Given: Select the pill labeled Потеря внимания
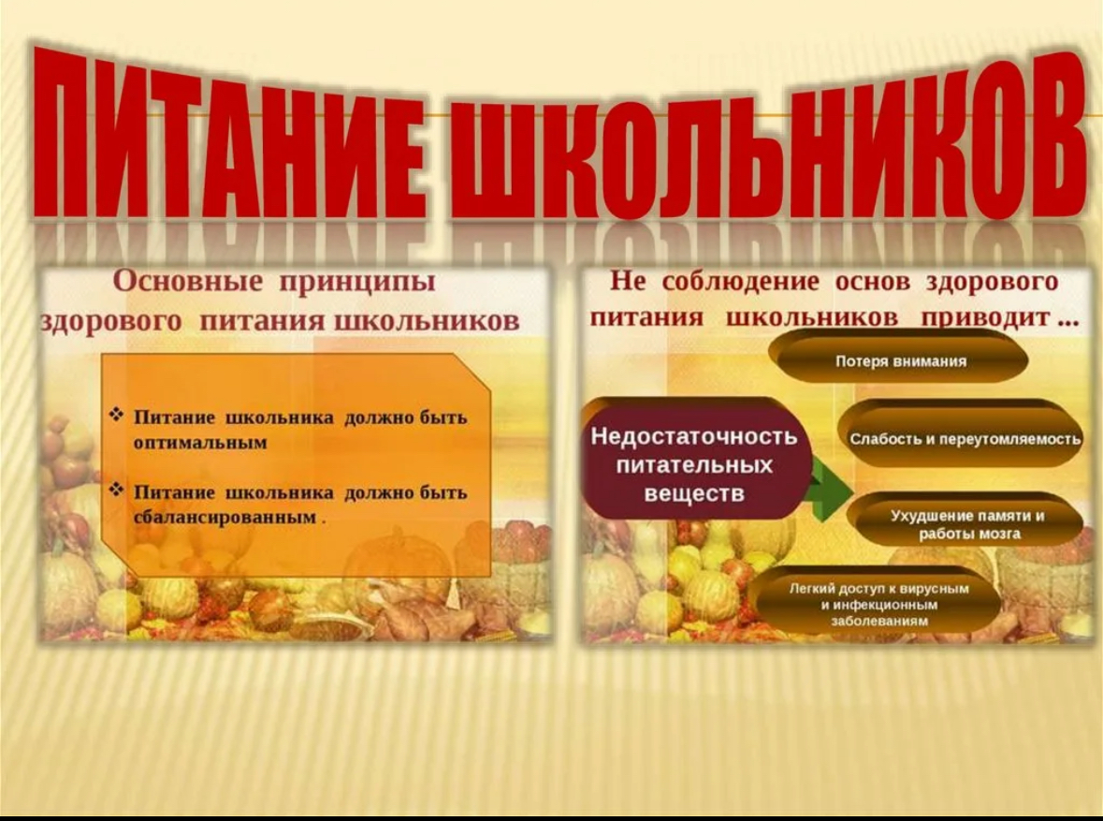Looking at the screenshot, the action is tap(901, 360).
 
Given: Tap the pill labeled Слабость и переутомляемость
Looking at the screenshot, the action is tap(965, 438).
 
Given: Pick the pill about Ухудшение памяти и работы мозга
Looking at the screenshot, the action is tap(967, 524).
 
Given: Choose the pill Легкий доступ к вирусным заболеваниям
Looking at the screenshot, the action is tap(878, 604).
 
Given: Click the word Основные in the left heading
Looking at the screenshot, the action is tap(189, 281).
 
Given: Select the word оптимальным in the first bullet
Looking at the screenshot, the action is tap(200, 444).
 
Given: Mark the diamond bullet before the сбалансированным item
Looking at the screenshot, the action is tap(117, 490).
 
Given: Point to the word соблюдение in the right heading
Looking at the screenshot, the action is tap(741, 282).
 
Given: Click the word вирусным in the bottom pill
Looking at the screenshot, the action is tap(938, 589).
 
